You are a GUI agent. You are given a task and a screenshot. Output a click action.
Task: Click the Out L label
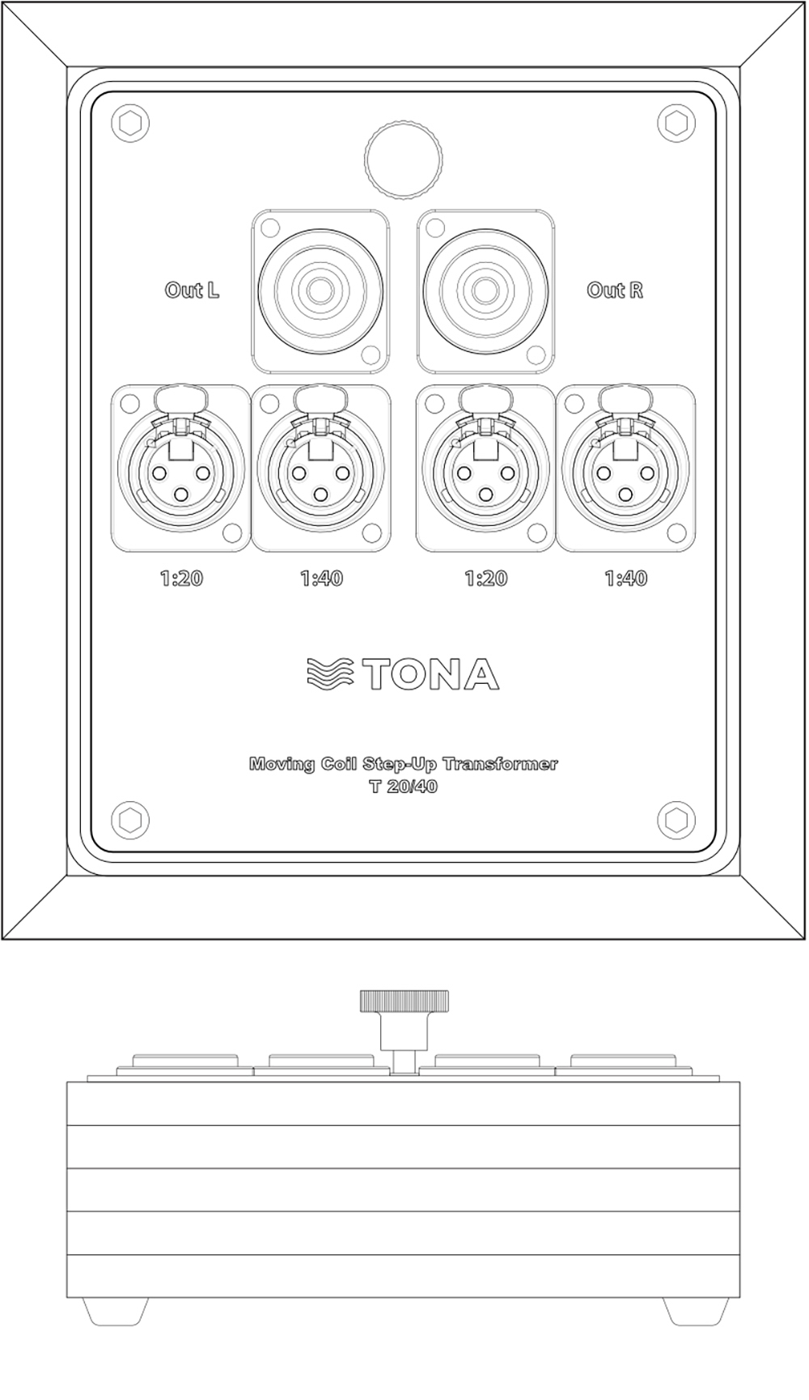coord(192,290)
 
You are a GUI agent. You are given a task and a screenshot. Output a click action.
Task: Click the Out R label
coord(616,290)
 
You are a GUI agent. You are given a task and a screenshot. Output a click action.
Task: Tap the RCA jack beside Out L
coord(321,290)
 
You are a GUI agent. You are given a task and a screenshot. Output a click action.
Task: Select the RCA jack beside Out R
coord(486,290)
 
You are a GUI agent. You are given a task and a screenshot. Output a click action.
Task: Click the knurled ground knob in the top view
coord(403,158)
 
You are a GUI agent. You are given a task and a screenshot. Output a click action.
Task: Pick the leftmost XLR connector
coord(180,469)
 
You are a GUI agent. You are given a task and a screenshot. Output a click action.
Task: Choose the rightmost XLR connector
coord(626,469)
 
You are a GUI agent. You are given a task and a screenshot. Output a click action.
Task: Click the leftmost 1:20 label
coord(180,579)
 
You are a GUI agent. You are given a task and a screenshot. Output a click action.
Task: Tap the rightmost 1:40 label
coord(626,579)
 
